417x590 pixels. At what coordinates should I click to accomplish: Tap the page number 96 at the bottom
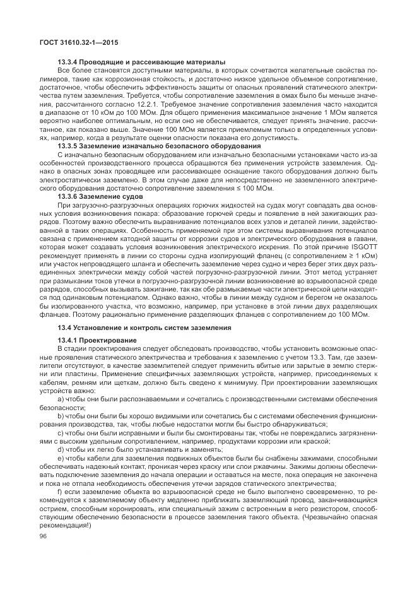coord(43,536)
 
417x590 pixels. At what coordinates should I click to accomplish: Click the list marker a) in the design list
coord(61,399)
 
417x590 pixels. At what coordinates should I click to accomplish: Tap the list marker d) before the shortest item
coord(61,450)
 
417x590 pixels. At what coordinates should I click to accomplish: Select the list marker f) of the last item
coord(60,492)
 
